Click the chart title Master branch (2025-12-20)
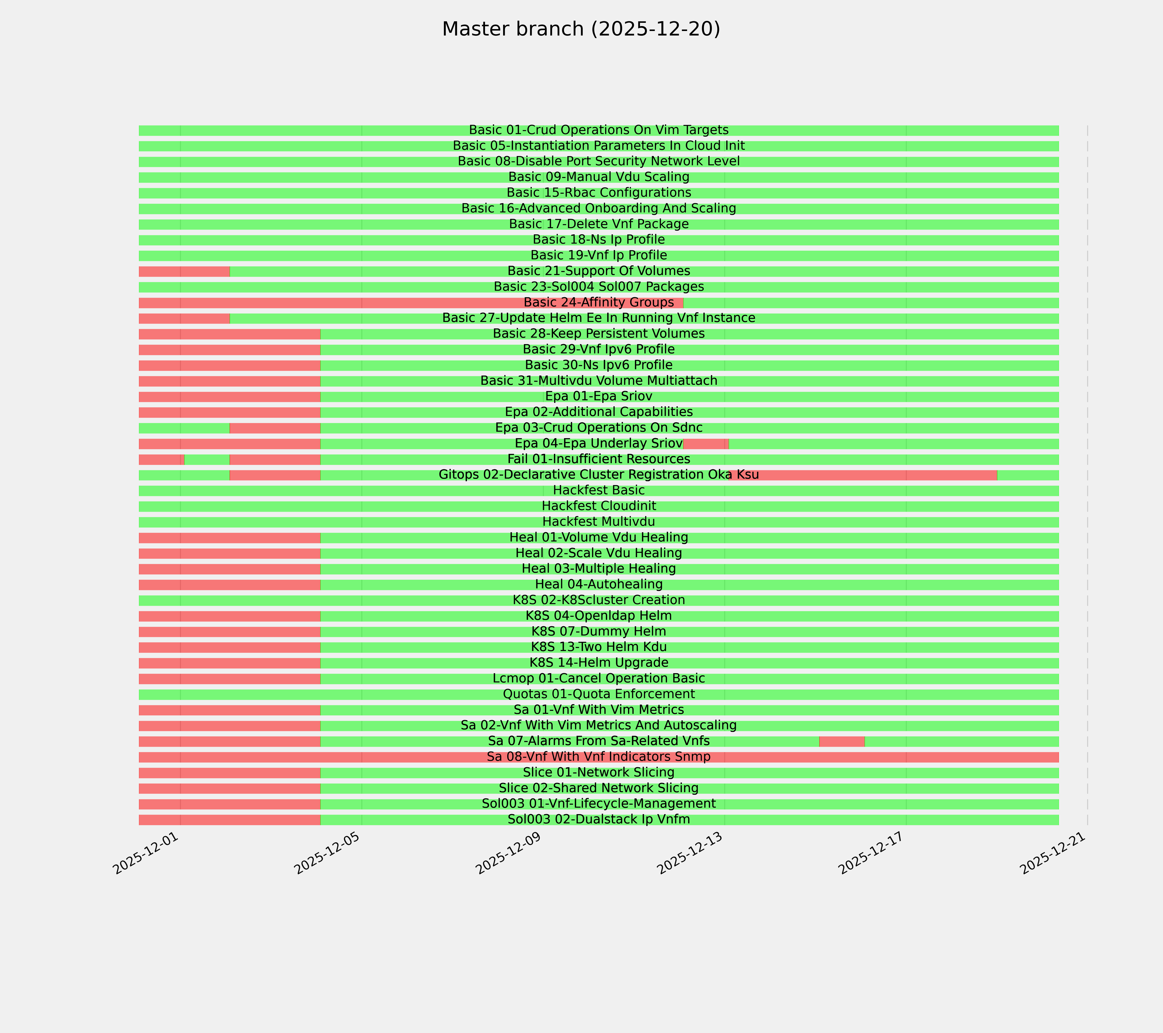pos(581,29)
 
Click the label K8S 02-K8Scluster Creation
pos(599,600)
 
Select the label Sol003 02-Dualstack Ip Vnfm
pos(599,819)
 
